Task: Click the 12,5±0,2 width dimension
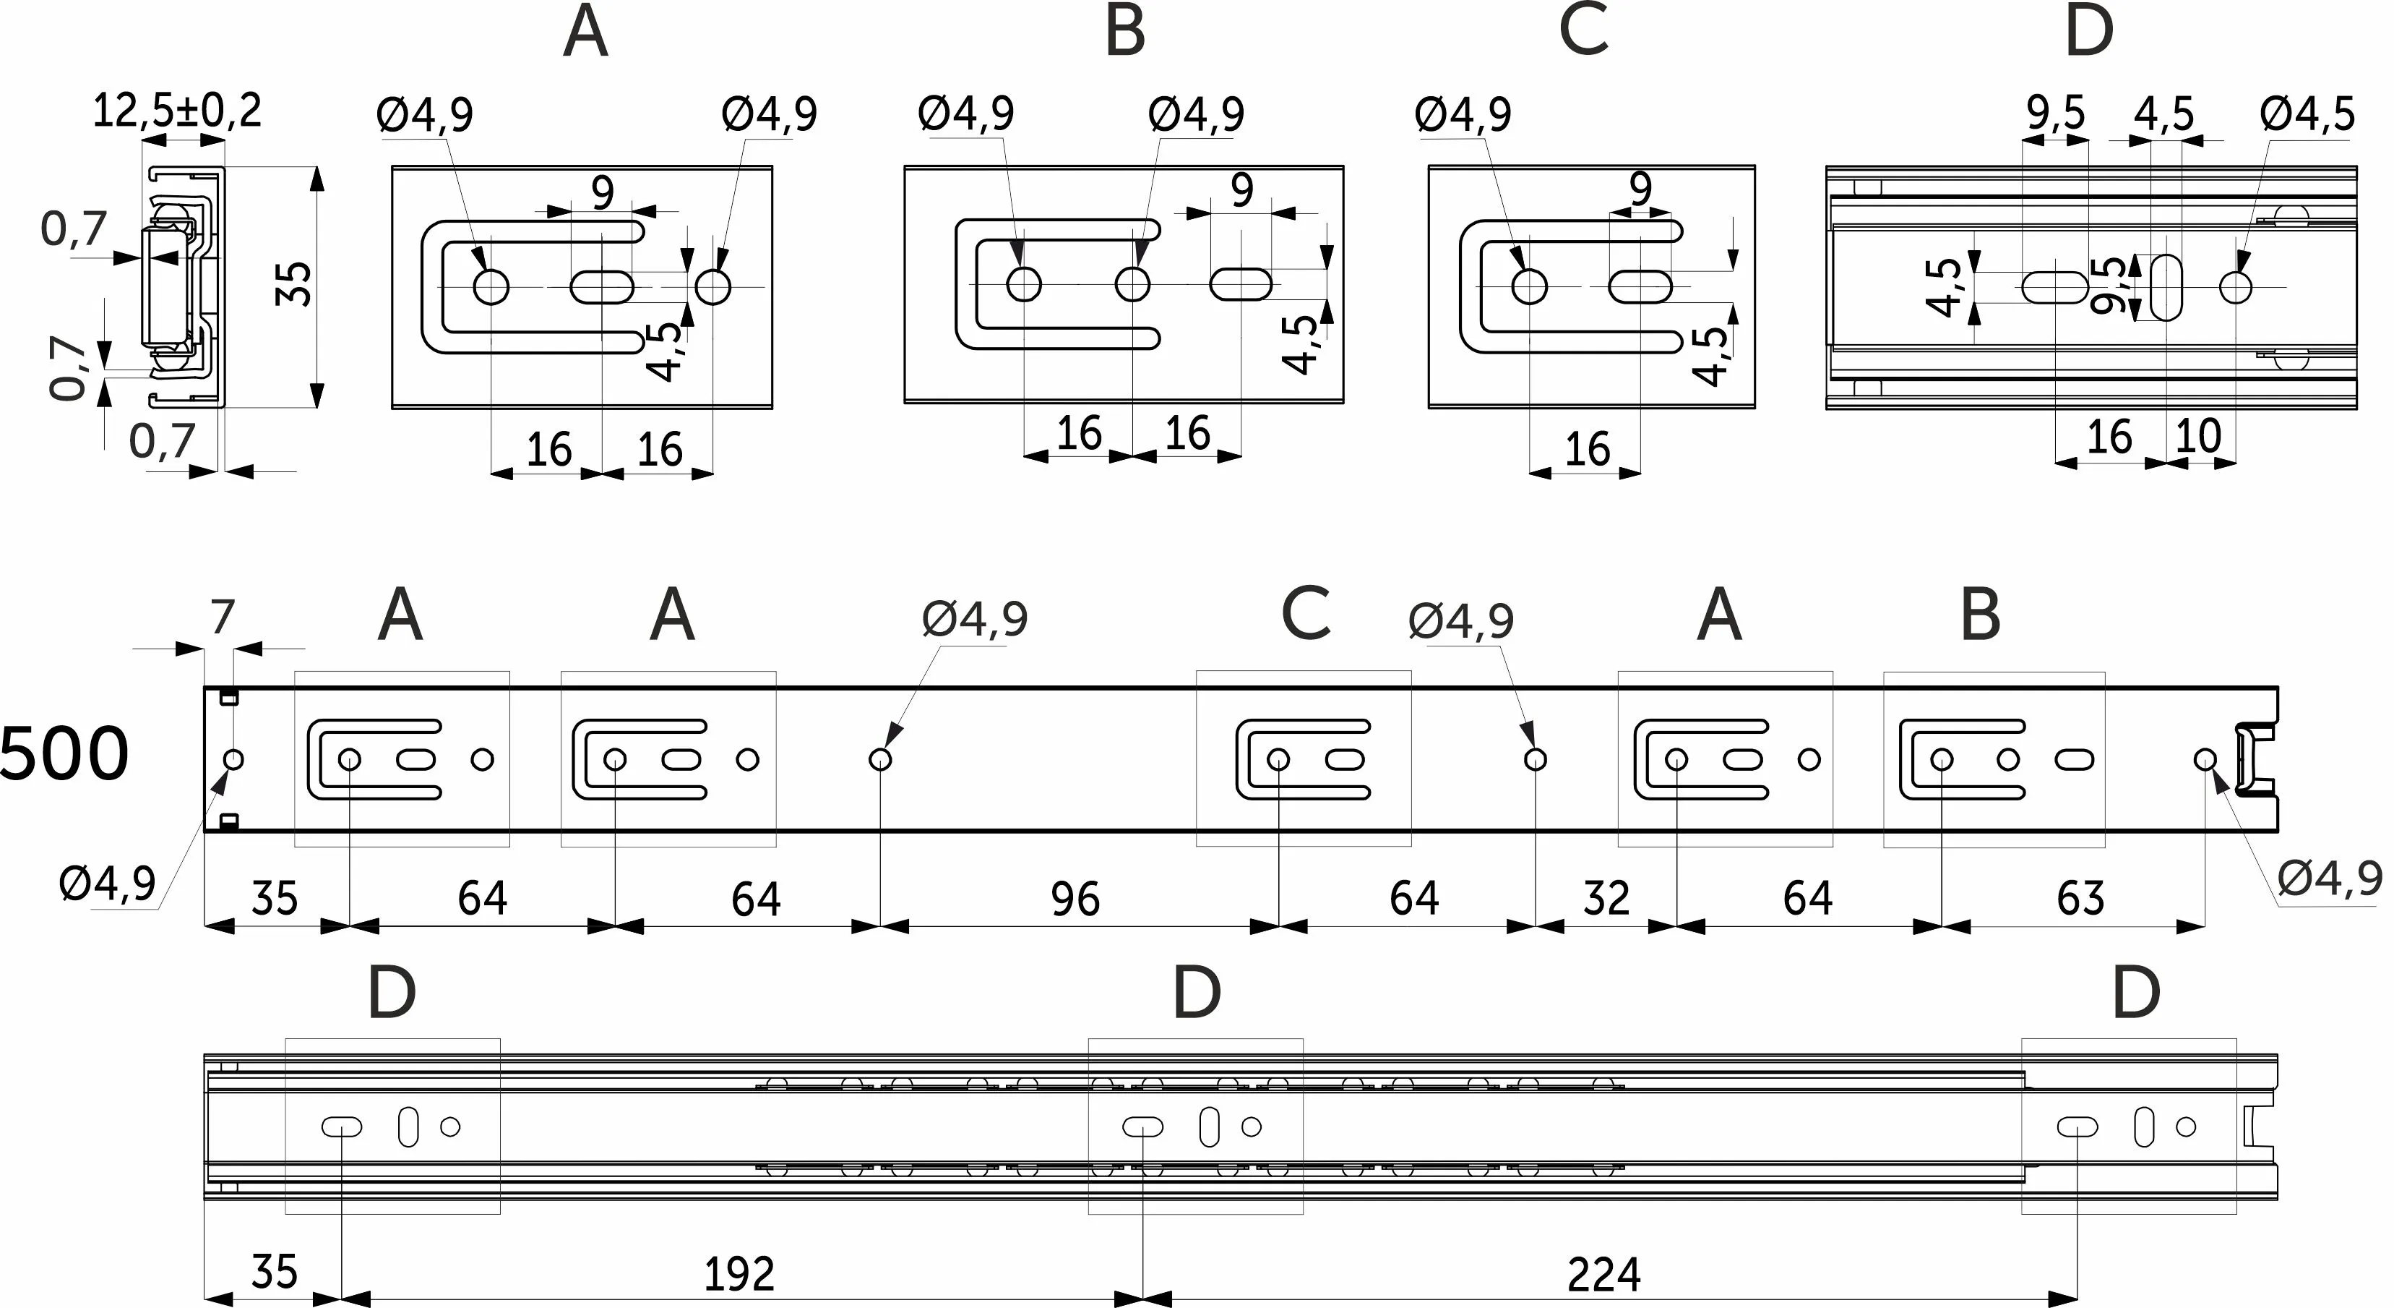pos(176,111)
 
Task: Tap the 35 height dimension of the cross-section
pos(296,283)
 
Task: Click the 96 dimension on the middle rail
pos(1075,899)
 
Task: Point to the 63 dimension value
pos(2080,899)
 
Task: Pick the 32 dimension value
pos(1606,899)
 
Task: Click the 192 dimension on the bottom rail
pos(739,1273)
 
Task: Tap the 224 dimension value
pos(1603,1273)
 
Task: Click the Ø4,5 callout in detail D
pos(2307,114)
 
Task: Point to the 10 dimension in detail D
pos(2198,436)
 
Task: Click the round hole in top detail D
pos(2235,287)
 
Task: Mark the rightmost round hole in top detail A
pos(712,286)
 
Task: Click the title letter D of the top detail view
pos(2088,33)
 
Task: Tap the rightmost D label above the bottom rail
pos(2135,993)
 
